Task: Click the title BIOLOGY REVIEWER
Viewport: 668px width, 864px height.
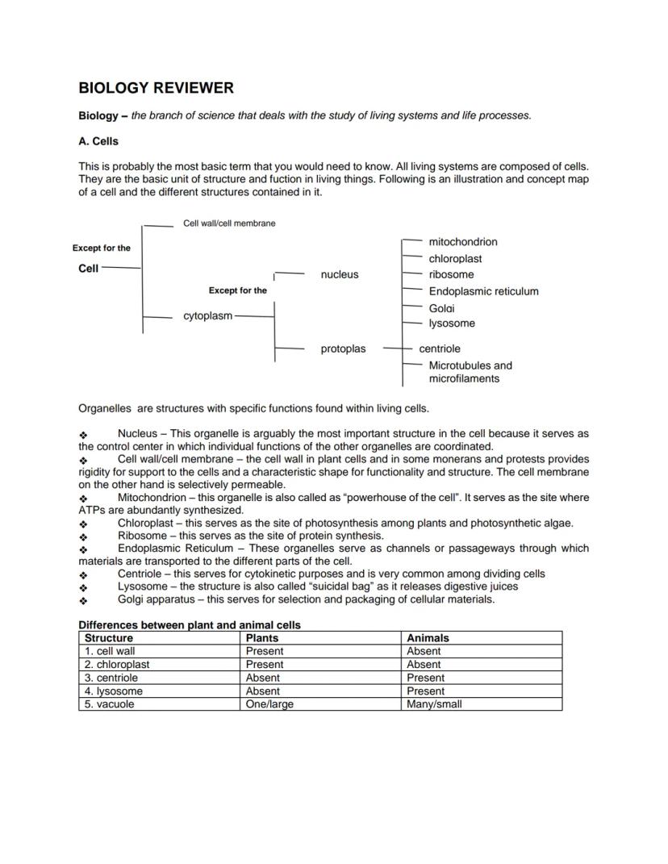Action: (156, 88)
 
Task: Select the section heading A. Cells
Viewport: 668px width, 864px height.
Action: (98, 141)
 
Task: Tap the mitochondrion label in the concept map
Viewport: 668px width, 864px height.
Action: (462, 242)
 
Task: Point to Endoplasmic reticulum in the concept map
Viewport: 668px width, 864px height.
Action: (483, 291)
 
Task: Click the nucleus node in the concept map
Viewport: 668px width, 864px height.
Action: (339, 274)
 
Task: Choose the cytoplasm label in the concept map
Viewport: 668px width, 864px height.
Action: (207, 316)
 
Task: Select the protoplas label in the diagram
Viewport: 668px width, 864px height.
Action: (343, 349)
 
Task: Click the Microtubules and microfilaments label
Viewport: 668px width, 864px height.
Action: (470, 372)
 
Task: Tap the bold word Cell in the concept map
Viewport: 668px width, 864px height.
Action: (88, 268)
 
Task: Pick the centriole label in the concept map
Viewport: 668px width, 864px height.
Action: (440, 349)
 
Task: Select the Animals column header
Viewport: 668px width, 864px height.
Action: (428, 638)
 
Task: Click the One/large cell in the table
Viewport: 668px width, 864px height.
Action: (269, 704)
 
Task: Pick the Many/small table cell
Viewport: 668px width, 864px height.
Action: (434, 704)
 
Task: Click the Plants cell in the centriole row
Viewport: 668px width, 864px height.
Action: (263, 678)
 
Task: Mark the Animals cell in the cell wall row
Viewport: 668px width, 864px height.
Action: (424, 651)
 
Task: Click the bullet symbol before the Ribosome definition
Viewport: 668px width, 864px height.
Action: (83, 536)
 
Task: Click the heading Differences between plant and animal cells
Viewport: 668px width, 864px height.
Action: (189, 625)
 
